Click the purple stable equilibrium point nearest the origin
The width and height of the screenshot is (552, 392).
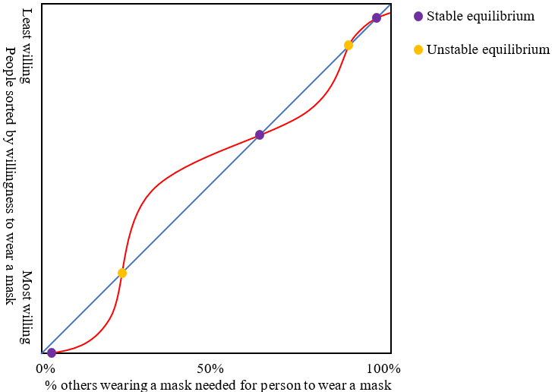point(52,352)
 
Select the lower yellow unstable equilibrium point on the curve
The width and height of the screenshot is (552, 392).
point(122,273)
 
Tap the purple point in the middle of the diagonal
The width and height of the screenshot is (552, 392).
point(260,134)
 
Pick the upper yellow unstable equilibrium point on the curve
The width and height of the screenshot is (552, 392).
point(349,45)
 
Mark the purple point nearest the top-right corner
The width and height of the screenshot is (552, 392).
point(377,17)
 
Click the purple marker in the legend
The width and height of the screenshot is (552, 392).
point(418,16)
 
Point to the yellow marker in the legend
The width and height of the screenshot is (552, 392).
point(418,49)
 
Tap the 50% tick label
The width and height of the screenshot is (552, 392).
point(210,369)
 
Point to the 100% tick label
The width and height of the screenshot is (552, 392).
point(383,369)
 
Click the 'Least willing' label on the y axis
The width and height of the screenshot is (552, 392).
point(27,45)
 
